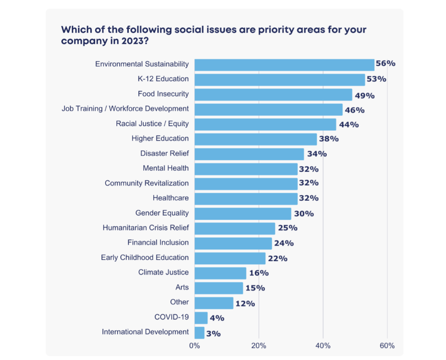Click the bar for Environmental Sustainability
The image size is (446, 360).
[284, 65]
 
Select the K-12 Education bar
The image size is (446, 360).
[280, 79]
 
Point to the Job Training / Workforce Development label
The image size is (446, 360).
[125, 109]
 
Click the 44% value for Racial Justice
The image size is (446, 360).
[349, 125]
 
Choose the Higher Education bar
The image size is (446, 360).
[255, 139]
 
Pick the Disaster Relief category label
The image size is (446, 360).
[164, 154]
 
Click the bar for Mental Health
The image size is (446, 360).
[246, 169]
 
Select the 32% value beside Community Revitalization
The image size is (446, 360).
[309, 183]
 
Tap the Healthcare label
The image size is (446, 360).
[170, 198]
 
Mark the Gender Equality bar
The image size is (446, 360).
[243, 213]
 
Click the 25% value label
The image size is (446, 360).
[288, 228]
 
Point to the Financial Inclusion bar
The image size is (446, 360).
[233, 243]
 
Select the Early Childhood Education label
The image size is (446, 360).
[145, 258]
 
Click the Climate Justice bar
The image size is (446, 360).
[220, 273]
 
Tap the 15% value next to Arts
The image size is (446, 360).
[255, 288]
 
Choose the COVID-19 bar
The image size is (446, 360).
[201, 318]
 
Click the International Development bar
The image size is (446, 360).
[199, 333]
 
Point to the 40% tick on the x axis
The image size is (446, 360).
[323, 346]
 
